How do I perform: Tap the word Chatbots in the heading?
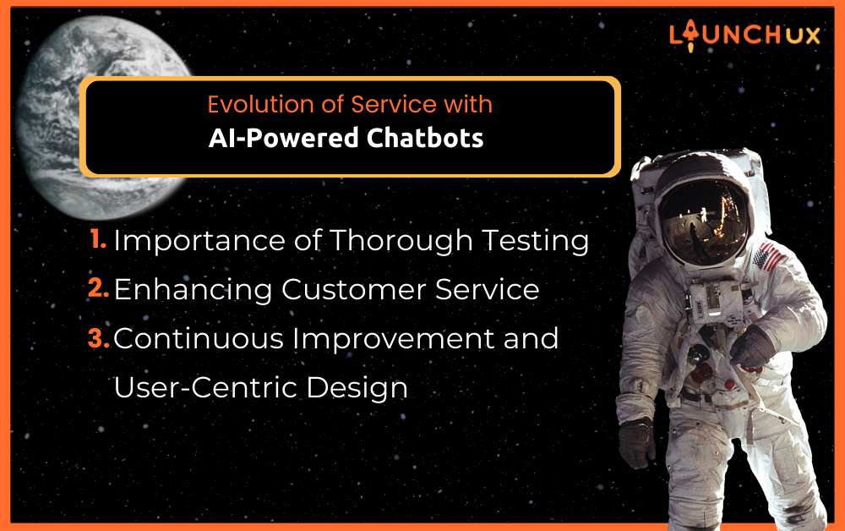coord(425,138)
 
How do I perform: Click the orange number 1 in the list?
coord(97,238)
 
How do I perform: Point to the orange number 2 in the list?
coord(98,288)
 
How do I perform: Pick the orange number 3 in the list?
coord(99,338)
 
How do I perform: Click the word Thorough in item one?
coord(401,241)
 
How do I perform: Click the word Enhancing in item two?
coord(193,291)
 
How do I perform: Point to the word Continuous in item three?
coord(199,339)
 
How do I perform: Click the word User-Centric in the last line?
coord(205,387)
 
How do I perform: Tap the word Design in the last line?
coord(357,389)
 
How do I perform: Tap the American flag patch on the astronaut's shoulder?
coord(769,257)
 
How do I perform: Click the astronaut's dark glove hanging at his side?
coord(636,442)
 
